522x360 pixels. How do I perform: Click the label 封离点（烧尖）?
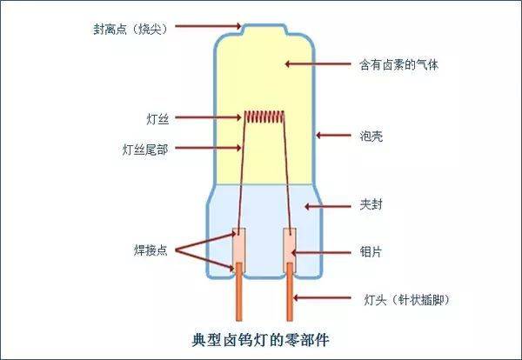tap(130, 29)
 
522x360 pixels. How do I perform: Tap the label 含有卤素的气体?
tap(398, 64)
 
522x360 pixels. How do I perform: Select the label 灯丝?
tap(157, 119)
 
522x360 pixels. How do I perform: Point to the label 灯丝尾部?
tap(145, 150)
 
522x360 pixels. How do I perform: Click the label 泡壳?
tap(371, 136)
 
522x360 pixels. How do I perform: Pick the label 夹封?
tap(371, 204)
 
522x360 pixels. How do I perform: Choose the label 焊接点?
tap(151, 250)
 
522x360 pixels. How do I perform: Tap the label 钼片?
tap(371, 252)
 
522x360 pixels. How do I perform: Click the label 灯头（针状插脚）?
tap(406, 300)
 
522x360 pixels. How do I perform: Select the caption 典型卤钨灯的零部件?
tap(261, 340)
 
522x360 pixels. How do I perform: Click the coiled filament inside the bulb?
tap(264, 117)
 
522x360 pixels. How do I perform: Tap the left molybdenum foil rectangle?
tap(239, 250)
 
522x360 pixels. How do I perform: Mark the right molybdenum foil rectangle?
tap(290, 250)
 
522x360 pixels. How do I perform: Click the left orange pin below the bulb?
tap(239, 292)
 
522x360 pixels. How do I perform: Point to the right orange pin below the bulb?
tap(290, 292)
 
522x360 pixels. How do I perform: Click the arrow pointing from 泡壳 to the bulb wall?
tap(333, 136)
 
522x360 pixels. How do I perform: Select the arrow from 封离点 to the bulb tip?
tap(208, 25)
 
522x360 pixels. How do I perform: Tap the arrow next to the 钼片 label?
tap(321, 252)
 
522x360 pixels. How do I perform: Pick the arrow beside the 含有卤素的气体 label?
tap(318, 63)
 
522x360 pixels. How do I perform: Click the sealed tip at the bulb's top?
tap(264, 29)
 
